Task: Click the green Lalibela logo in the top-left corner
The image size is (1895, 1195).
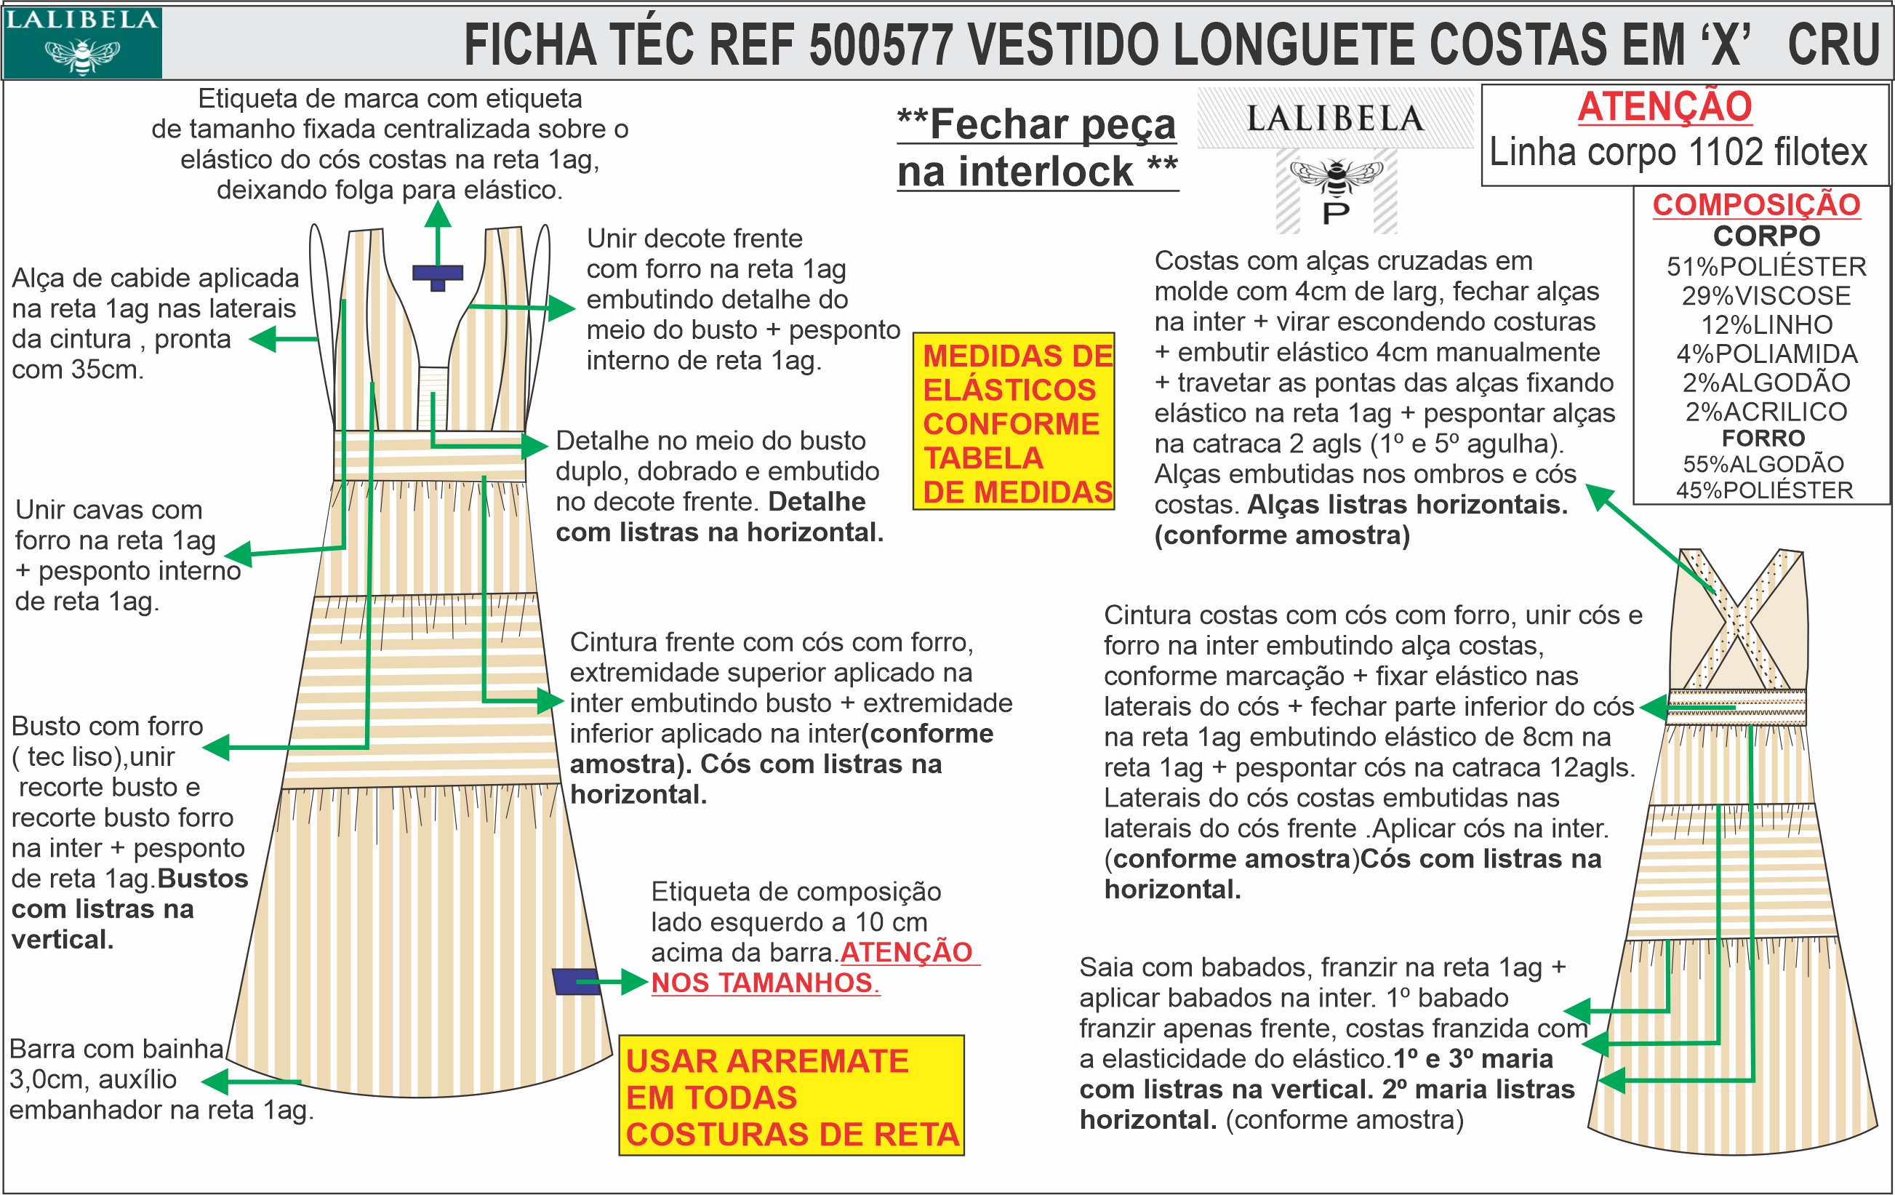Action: [82, 42]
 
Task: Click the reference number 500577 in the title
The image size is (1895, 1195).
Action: [881, 45]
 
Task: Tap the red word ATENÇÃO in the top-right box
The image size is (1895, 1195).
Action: [1664, 107]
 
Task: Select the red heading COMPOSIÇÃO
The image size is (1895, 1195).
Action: [1755, 204]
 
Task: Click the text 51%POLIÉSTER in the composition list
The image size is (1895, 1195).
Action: [1766, 267]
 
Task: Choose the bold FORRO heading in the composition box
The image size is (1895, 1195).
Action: [1763, 438]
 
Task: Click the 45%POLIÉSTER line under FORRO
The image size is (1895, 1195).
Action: [1764, 490]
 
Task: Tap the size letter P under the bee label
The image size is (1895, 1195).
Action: [1336, 213]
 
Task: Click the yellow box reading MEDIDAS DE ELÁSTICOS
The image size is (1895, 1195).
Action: [1014, 422]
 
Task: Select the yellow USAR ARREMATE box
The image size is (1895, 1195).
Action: [791, 1096]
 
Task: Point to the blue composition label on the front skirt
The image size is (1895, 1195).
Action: [575, 982]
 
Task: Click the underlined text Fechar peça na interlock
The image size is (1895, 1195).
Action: [1037, 148]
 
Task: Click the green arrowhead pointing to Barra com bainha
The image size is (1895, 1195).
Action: [212, 1082]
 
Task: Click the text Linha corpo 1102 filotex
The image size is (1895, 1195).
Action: [1678, 153]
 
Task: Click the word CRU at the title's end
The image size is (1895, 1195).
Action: [1833, 45]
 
